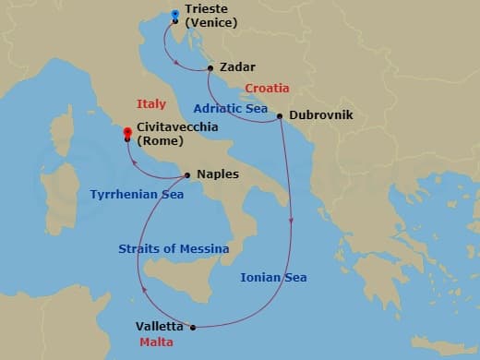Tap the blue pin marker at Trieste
(x=175, y=15)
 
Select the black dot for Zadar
(x=211, y=67)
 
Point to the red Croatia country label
(x=267, y=89)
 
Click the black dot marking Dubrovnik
(x=280, y=116)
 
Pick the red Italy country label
(x=150, y=104)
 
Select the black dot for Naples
(x=187, y=174)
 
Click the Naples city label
(x=218, y=174)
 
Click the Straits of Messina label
(x=174, y=249)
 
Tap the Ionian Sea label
(x=273, y=277)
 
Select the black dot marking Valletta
(x=193, y=327)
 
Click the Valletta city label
(x=159, y=327)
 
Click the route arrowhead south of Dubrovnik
(x=292, y=220)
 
